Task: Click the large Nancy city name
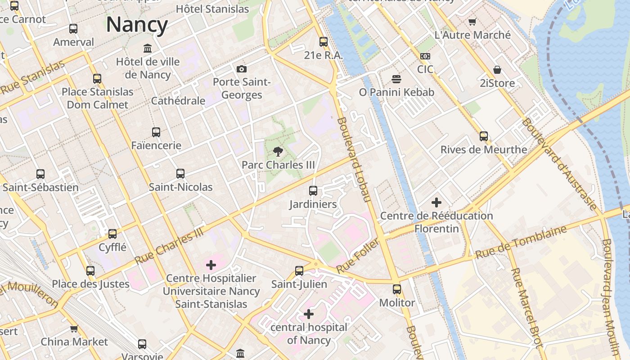coord(137,24)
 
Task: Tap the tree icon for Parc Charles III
coord(279,152)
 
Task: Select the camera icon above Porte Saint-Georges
coord(242,69)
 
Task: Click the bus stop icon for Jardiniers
coord(313,191)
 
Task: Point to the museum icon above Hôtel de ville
coord(148,48)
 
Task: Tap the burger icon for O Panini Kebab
coord(396,79)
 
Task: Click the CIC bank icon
coord(425,56)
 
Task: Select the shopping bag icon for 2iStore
coord(497,70)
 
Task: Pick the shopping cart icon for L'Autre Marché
coord(472,22)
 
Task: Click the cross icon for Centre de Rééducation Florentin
coord(436,202)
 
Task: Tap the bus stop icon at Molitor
coord(397,289)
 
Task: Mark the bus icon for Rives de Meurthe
coord(484,136)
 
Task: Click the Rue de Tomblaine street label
coord(521,243)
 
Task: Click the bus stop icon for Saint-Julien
coord(299,271)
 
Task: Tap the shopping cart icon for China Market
coord(74,328)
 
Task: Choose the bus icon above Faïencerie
coord(156,132)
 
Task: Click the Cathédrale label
coord(178,100)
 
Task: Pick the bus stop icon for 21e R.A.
coord(324,42)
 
